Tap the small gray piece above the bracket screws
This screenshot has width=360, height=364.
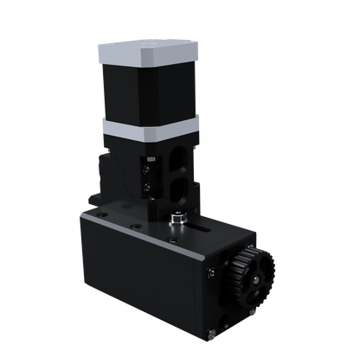point(150,157)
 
